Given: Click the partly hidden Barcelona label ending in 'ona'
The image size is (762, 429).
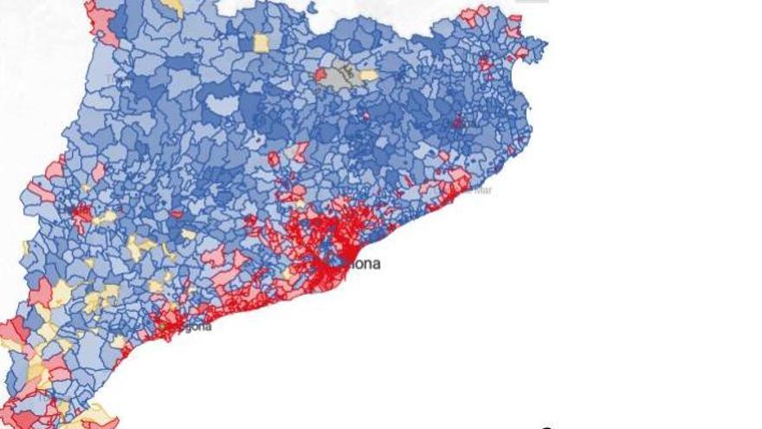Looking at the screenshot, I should (x=365, y=263).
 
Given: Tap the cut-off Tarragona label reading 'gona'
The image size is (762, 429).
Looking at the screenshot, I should (x=197, y=327).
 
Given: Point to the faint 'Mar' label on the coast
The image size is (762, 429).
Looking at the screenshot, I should (x=481, y=189).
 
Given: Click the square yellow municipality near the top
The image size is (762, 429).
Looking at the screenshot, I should (x=262, y=42).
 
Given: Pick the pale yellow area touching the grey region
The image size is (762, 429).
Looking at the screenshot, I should (x=369, y=75).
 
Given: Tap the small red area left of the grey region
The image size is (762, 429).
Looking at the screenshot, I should (x=320, y=75).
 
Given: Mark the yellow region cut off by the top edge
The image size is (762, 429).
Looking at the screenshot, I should (x=173, y=7).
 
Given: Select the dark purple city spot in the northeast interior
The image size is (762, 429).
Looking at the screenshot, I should (x=456, y=123).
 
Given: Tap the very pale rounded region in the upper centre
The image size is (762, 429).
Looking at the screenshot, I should (x=220, y=106).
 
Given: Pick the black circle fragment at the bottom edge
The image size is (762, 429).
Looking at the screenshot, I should (x=546, y=426).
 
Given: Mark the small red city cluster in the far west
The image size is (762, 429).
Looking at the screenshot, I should (x=83, y=213).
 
